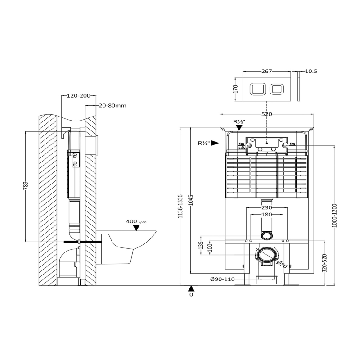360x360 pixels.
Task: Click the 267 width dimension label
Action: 267,71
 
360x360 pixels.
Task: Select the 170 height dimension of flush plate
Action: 235,88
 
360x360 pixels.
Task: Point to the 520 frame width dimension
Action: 267,114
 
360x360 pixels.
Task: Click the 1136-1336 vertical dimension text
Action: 180,207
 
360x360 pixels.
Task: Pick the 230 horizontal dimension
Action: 267,207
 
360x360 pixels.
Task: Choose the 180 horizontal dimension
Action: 267,215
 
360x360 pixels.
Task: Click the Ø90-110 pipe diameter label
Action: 222,279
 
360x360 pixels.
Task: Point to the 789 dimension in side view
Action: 26,186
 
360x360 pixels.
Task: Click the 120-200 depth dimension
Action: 78,96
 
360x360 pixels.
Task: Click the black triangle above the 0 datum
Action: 191,288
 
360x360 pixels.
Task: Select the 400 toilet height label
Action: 131,221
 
